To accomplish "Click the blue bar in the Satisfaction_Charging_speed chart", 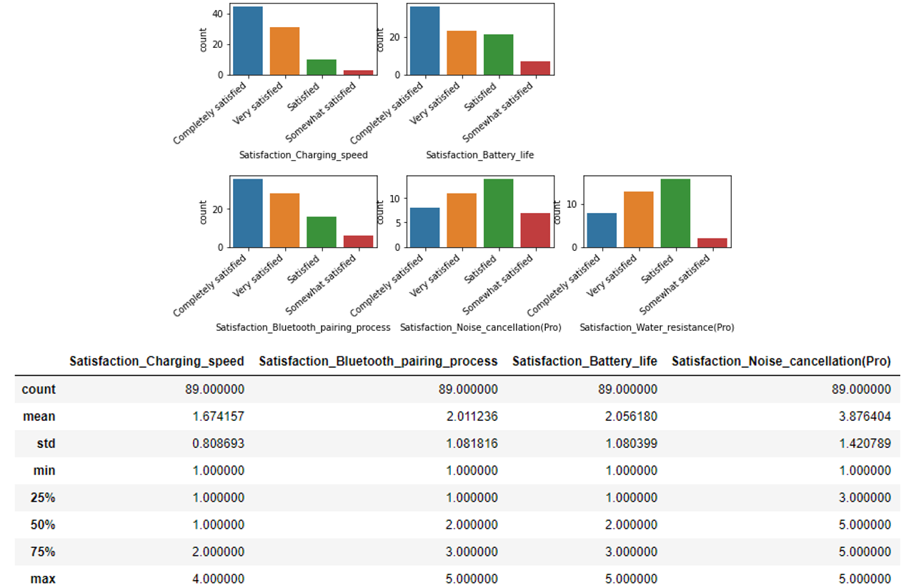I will (x=247, y=41).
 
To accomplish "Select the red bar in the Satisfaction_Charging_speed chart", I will (x=359, y=72).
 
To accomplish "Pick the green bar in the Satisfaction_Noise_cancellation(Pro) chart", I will (x=498, y=213).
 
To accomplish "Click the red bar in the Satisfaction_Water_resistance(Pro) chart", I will (x=712, y=243).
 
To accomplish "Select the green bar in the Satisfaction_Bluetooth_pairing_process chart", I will (x=322, y=231).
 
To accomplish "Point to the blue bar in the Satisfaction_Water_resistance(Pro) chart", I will (x=601, y=230).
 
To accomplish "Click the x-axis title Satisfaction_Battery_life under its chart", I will (x=479, y=155).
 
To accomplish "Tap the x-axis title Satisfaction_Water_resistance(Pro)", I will (x=657, y=327).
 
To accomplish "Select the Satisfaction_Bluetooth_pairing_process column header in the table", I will (x=378, y=362).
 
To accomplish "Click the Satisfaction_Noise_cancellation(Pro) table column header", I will (x=781, y=362).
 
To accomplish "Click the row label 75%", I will (x=43, y=552).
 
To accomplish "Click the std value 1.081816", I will (x=469, y=444).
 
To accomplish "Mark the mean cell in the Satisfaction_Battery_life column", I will (x=629, y=417).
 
